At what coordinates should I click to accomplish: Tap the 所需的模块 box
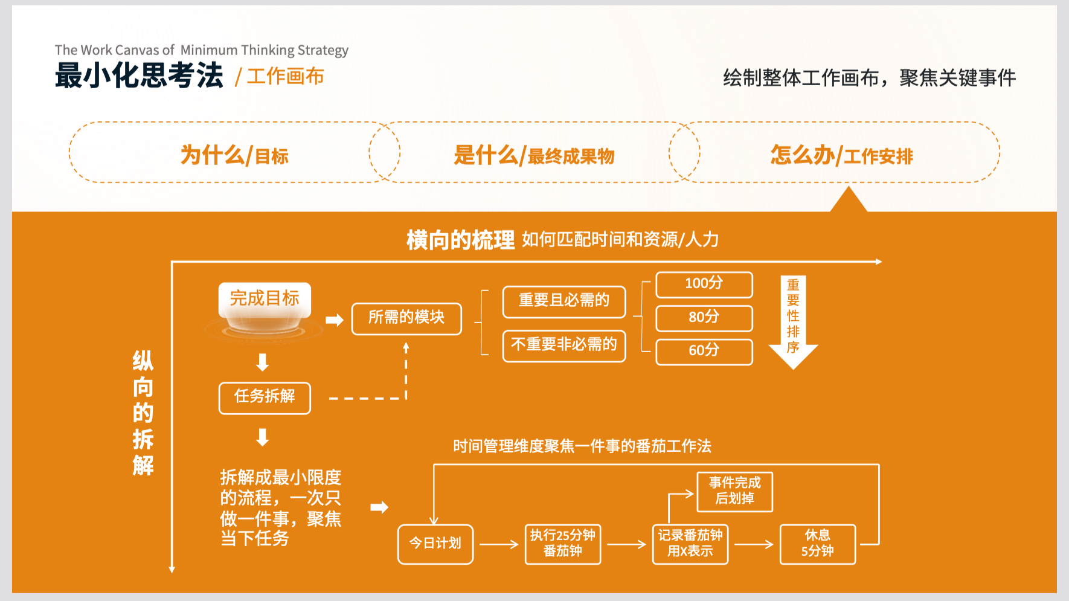pos(406,319)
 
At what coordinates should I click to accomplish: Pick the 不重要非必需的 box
pos(564,346)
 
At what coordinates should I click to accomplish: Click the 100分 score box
pos(704,284)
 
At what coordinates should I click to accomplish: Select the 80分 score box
pos(704,318)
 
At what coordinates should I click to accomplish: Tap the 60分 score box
pos(704,352)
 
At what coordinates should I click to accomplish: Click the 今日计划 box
pos(435,544)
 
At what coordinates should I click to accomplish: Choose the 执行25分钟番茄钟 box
pos(563,544)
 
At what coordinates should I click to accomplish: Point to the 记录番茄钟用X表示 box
pos(690,544)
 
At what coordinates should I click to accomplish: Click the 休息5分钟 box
pos(818,544)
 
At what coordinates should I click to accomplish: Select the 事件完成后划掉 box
pos(735,492)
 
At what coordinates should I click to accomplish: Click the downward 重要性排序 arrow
pos(793,323)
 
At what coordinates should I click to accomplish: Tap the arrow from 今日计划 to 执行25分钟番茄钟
pos(499,544)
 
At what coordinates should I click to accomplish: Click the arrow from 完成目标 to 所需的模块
pos(334,320)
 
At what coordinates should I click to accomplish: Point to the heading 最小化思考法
pos(139,76)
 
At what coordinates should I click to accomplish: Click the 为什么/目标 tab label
pos(234,155)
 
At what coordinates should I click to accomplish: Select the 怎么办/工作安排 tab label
pos(841,155)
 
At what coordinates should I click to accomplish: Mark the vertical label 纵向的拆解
pos(143,413)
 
